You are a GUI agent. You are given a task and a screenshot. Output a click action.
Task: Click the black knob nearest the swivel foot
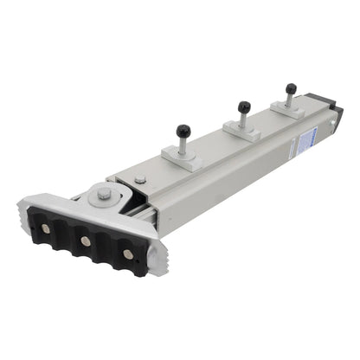click(183, 132)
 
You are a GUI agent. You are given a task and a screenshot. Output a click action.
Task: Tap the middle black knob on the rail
click(246, 106)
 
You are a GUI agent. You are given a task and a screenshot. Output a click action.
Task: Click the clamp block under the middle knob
click(245, 127)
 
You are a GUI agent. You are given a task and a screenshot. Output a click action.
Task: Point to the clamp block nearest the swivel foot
click(183, 155)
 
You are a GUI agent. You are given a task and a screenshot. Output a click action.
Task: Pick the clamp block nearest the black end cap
click(289, 106)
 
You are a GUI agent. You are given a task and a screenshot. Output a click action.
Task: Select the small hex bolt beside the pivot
click(140, 180)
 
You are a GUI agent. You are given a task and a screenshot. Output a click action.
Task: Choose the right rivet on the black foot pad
click(127, 254)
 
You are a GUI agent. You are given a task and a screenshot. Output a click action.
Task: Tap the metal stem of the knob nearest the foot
click(183, 144)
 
